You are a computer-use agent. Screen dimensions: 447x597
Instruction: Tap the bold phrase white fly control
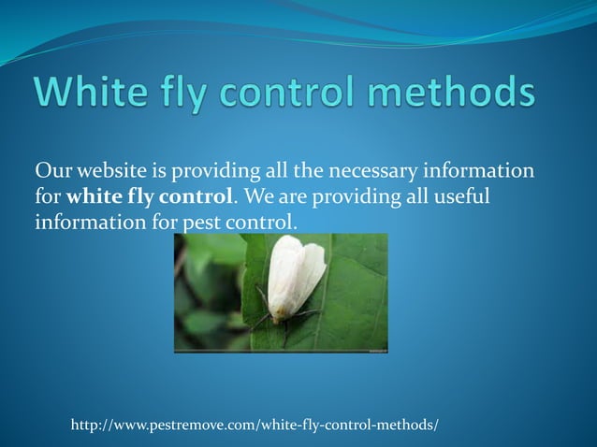(x=150, y=198)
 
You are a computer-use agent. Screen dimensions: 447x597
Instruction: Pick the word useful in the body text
(x=462, y=198)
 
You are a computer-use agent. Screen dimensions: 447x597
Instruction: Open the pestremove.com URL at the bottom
(x=255, y=425)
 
